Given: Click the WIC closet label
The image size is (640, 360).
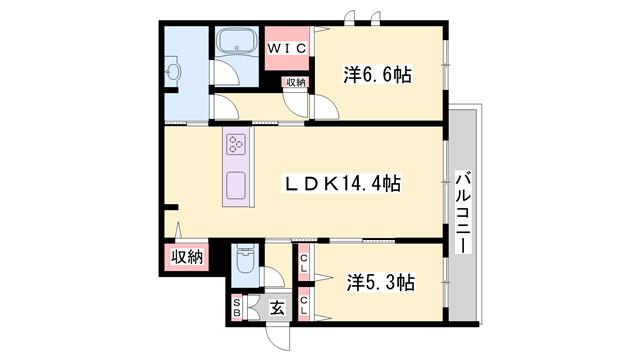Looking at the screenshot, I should [x=288, y=46].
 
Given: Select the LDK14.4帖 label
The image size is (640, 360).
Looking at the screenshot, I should [x=344, y=184].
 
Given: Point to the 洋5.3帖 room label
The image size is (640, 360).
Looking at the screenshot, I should [x=381, y=281].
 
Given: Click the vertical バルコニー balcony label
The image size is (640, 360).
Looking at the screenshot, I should [x=463, y=211].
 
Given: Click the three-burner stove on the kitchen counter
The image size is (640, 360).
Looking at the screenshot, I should [x=237, y=146].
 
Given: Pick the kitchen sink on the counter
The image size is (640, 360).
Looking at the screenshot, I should [x=237, y=186].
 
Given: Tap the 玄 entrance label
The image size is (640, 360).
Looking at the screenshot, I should [x=277, y=308].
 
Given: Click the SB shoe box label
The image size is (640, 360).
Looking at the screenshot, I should [x=237, y=308].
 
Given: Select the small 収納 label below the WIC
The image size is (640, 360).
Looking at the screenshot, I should [x=295, y=83].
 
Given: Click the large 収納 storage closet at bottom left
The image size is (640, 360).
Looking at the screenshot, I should [x=185, y=257].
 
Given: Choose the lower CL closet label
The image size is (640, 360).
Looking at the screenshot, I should [x=304, y=298].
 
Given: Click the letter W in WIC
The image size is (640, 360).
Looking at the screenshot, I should [x=274, y=46].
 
